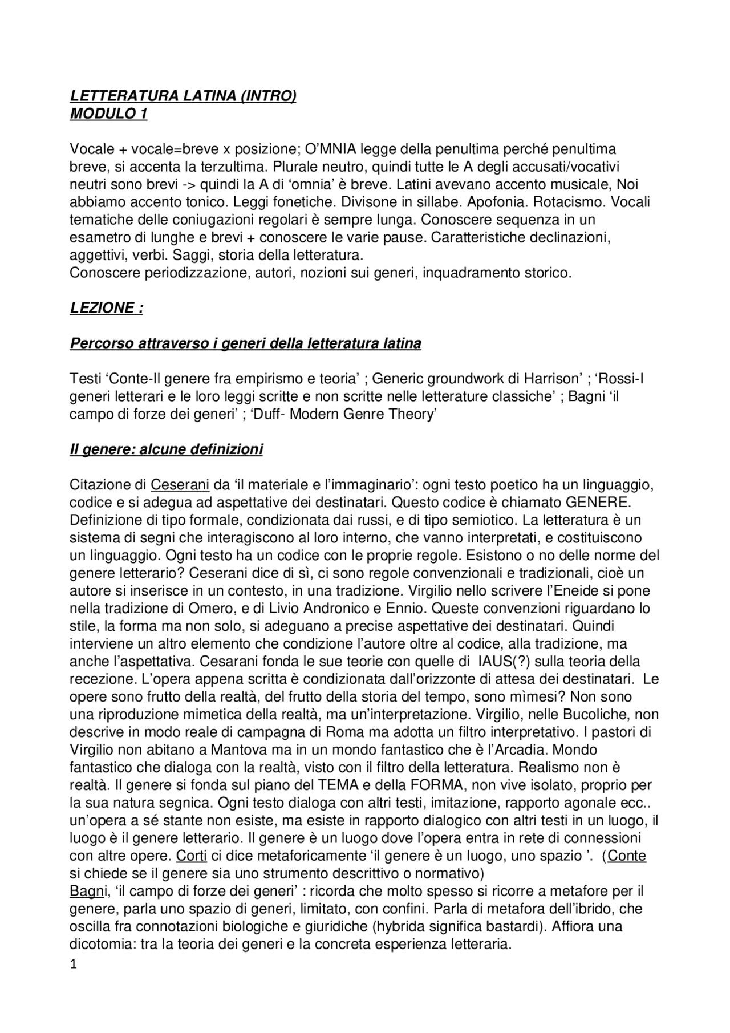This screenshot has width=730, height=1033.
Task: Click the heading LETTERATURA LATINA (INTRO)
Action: coord(182,96)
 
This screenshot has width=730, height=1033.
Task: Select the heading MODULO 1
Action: coord(108,114)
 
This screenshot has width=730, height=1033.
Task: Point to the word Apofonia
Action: coord(497,202)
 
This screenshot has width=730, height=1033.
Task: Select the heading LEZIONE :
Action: coord(106,308)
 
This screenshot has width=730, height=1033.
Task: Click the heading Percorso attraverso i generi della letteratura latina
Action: coord(245,343)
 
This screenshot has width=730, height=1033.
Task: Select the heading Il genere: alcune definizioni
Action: coord(166,449)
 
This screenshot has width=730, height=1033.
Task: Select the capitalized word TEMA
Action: coord(354,785)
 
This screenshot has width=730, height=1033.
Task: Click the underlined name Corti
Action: coord(191,856)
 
